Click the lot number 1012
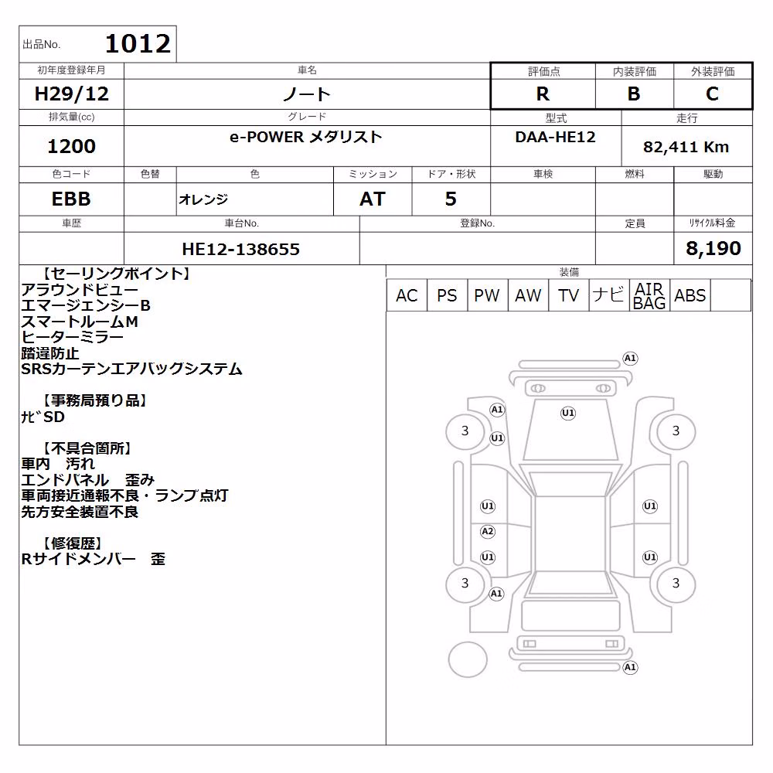[x=138, y=44]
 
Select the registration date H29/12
[x=71, y=94]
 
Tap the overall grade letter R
[x=543, y=94]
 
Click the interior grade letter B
[x=634, y=94]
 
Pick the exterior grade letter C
[x=713, y=94]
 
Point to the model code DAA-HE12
[x=556, y=137]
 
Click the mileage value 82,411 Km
[x=686, y=147]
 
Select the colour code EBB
[x=71, y=199]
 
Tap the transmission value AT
[x=373, y=199]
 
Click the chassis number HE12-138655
[x=241, y=249]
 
